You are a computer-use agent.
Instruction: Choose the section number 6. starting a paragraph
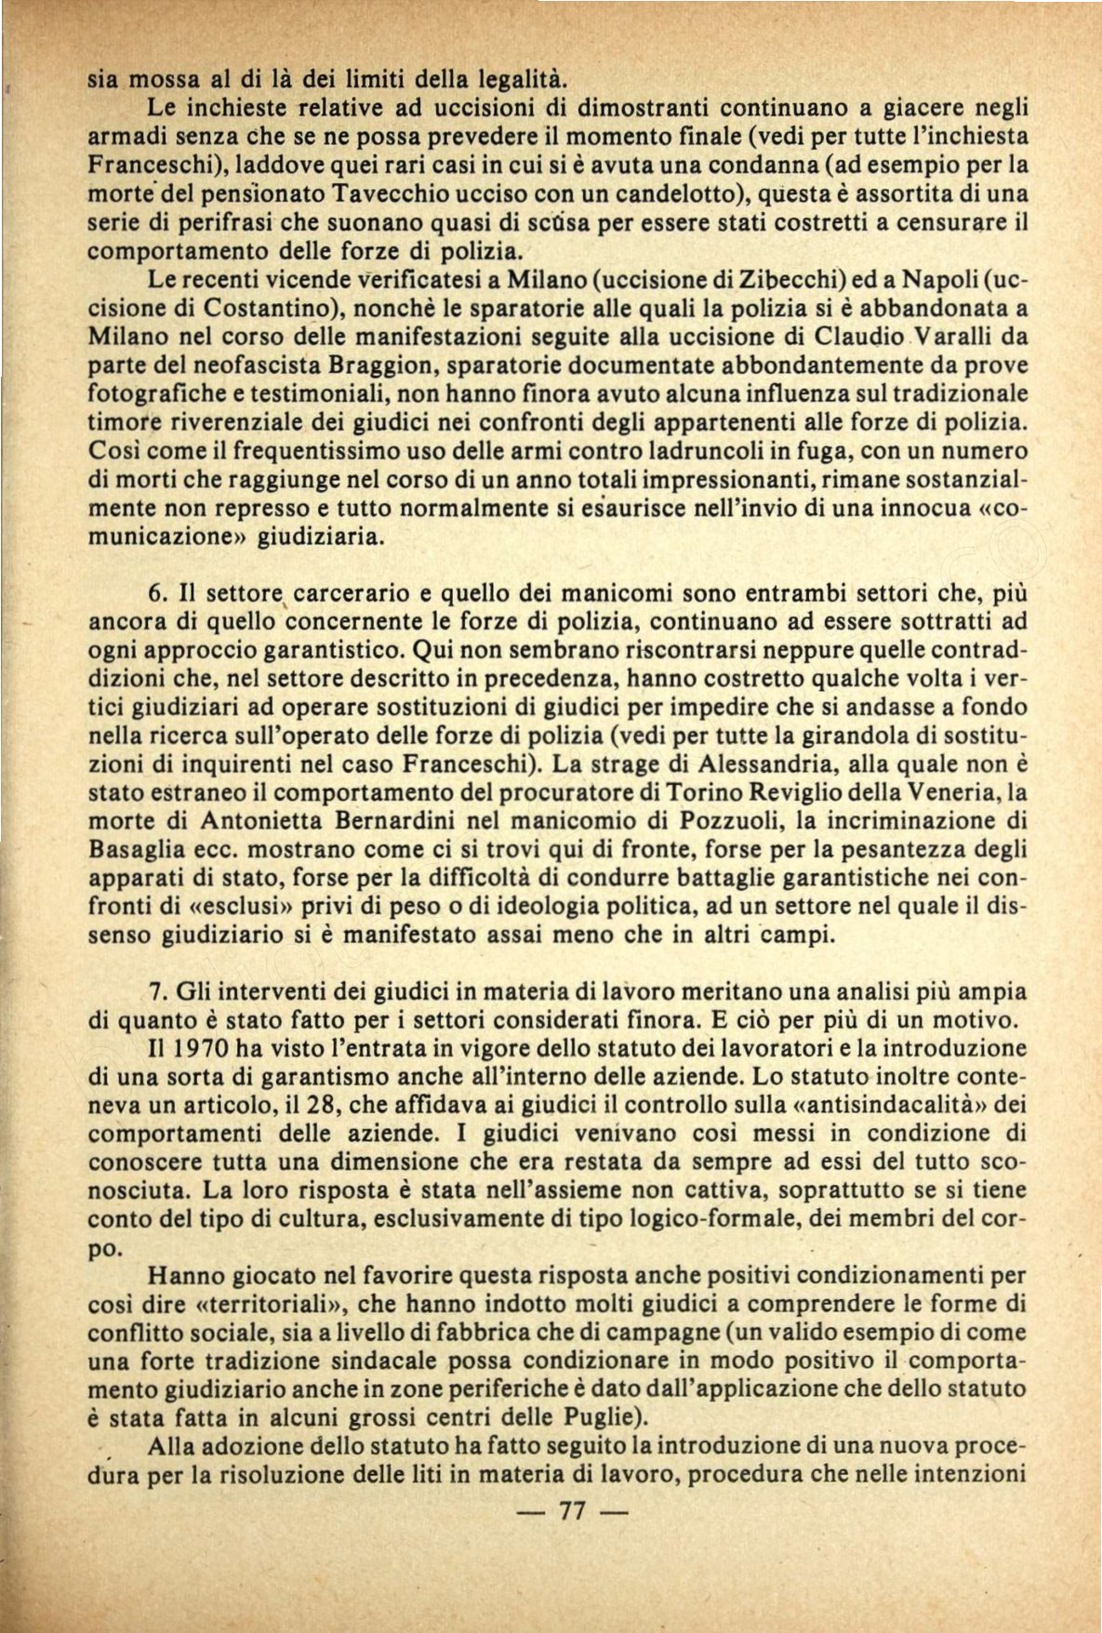[x=157, y=592]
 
